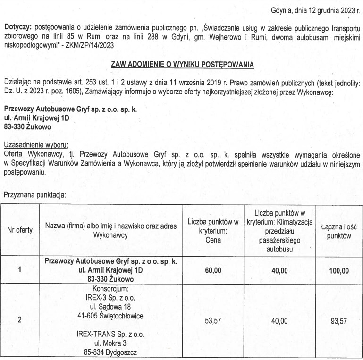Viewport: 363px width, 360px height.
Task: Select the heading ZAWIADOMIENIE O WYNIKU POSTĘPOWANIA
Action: tap(182, 64)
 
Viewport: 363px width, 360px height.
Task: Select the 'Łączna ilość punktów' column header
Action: tap(339, 230)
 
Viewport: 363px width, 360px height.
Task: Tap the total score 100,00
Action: tap(339, 270)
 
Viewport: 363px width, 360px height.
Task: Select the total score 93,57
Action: tap(339, 321)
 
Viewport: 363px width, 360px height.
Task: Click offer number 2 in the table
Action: tap(19, 321)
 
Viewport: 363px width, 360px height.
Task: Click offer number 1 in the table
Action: tap(19, 270)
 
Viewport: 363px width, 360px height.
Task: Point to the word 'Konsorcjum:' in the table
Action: tap(111, 289)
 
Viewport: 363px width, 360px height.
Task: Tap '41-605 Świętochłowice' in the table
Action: tap(111, 316)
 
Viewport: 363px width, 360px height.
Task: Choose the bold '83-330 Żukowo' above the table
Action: tap(27, 126)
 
